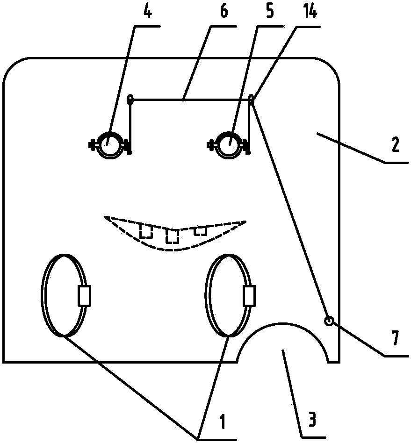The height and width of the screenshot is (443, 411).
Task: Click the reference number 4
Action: click(x=148, y=12)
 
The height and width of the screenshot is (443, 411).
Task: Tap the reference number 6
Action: click(x=224, y=12)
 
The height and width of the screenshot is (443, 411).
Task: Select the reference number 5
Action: click(x=269, y=12)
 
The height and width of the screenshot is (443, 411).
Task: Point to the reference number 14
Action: click(x=310, y=12)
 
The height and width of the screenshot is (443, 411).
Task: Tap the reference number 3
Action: click(x=311, y=419)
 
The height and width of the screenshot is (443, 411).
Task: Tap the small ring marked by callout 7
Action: click(x=329, y=321)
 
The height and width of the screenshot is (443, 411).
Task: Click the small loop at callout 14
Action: click(x=251, y=98)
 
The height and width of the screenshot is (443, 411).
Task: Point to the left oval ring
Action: click(x=43, y=295)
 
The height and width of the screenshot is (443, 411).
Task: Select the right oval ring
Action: click(x=206, y=295)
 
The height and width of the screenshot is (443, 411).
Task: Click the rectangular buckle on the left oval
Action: click(x=85, y=296)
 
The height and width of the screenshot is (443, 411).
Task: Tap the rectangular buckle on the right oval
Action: click(x=250, y=295)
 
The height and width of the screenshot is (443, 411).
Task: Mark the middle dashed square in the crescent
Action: click(x=173, y=236)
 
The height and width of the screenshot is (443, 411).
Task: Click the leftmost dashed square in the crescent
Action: click(x=146, y=231)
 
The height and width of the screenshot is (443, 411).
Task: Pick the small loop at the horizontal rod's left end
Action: click(x=130, y=99)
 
